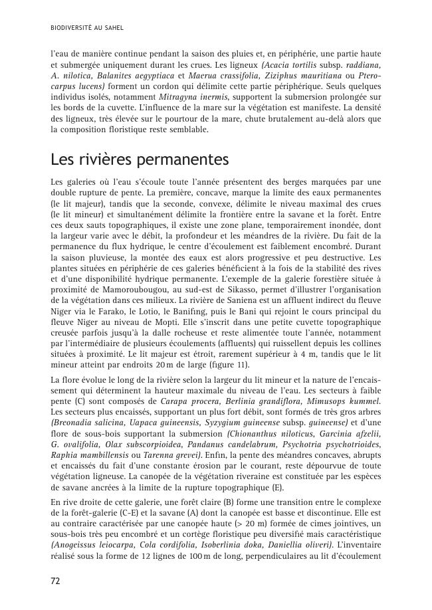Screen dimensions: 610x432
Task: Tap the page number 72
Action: [56, 581]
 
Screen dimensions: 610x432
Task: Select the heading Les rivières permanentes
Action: [140, 160]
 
